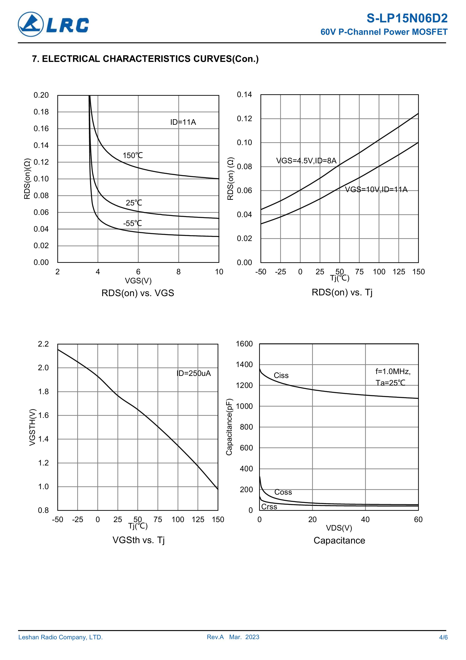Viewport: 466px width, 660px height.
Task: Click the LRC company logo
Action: [x=53, y=24]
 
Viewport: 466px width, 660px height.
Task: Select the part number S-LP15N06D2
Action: [x=407, y=19]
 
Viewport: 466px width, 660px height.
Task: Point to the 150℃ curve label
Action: [x=133, y=156]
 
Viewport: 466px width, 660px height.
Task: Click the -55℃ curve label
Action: [x=132, y=223]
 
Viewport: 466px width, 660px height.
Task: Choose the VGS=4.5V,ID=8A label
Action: [x=306, y=161]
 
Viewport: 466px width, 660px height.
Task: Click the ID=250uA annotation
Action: [x=194, y=373]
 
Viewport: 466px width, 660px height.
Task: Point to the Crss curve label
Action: [x=269, y=507]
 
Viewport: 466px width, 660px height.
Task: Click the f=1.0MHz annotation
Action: [x=393, y=372]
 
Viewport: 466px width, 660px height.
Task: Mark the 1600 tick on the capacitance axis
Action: [x=244, y=344]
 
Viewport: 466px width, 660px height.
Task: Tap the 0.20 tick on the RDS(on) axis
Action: [x=41, y=95]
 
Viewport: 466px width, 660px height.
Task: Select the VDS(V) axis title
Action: [x=339, y=528]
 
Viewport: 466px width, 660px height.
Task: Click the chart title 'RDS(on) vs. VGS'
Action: [x=138, y=293]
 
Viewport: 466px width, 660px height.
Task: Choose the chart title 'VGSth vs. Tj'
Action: [x=138, y=540]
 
